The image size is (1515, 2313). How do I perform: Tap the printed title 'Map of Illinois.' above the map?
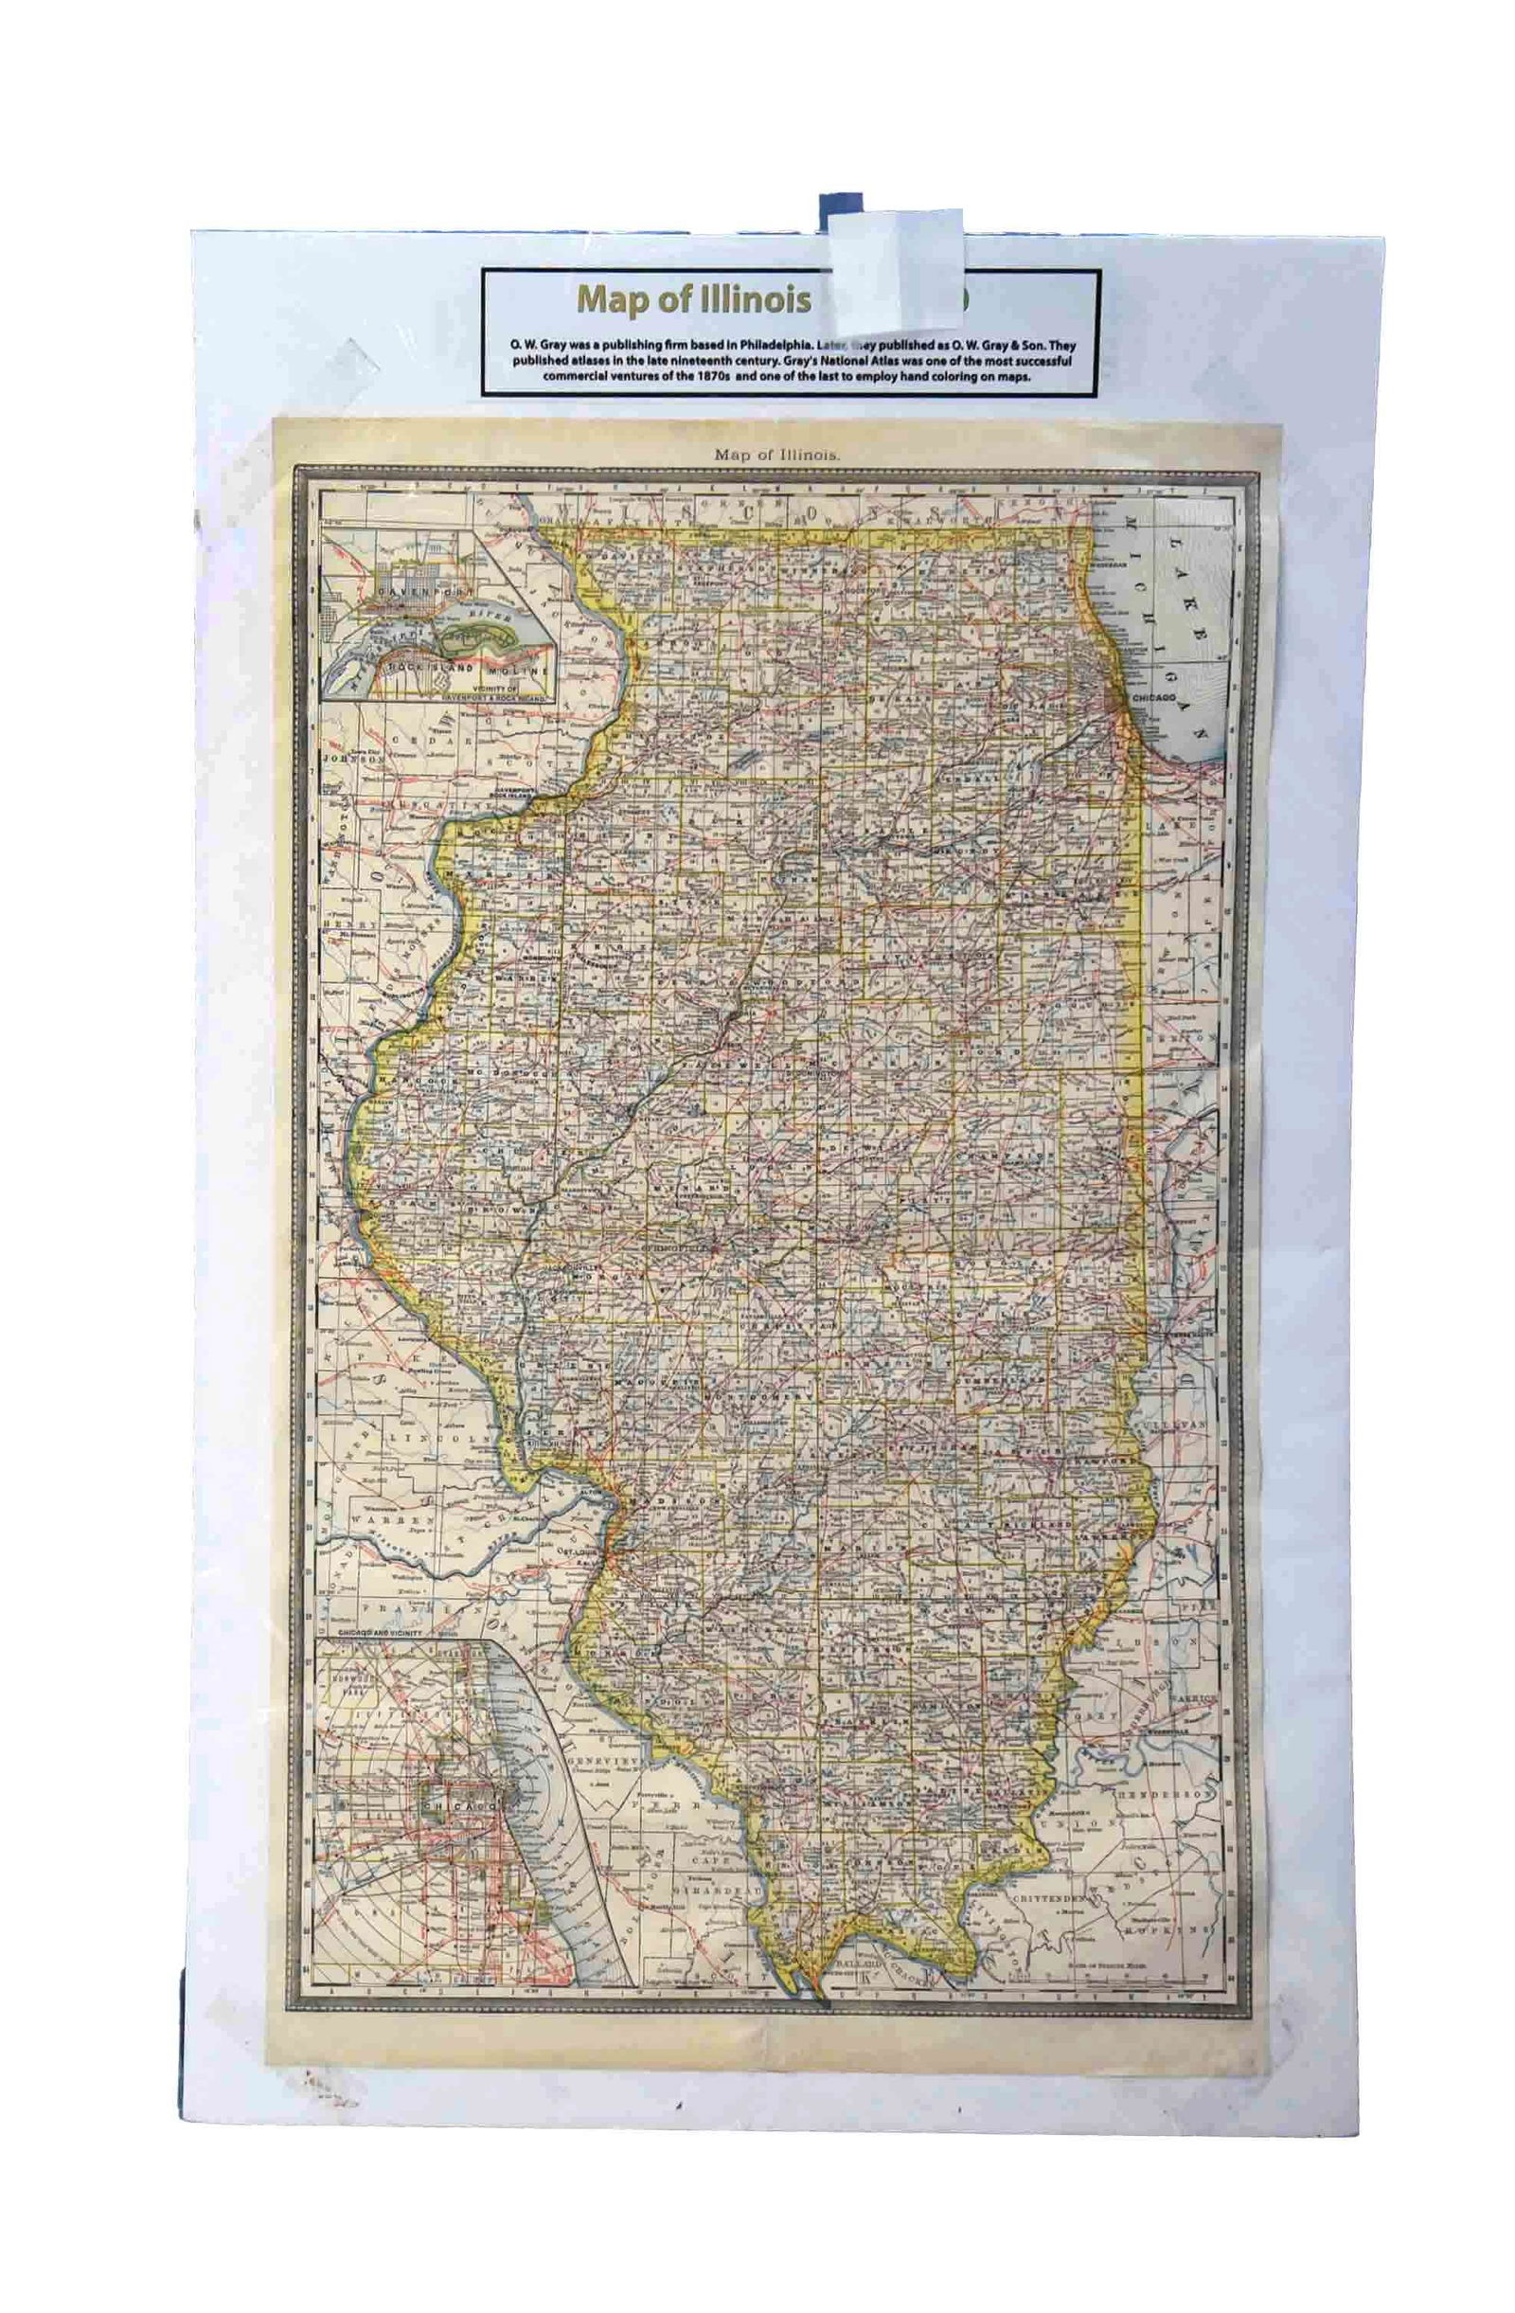[777, 453]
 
